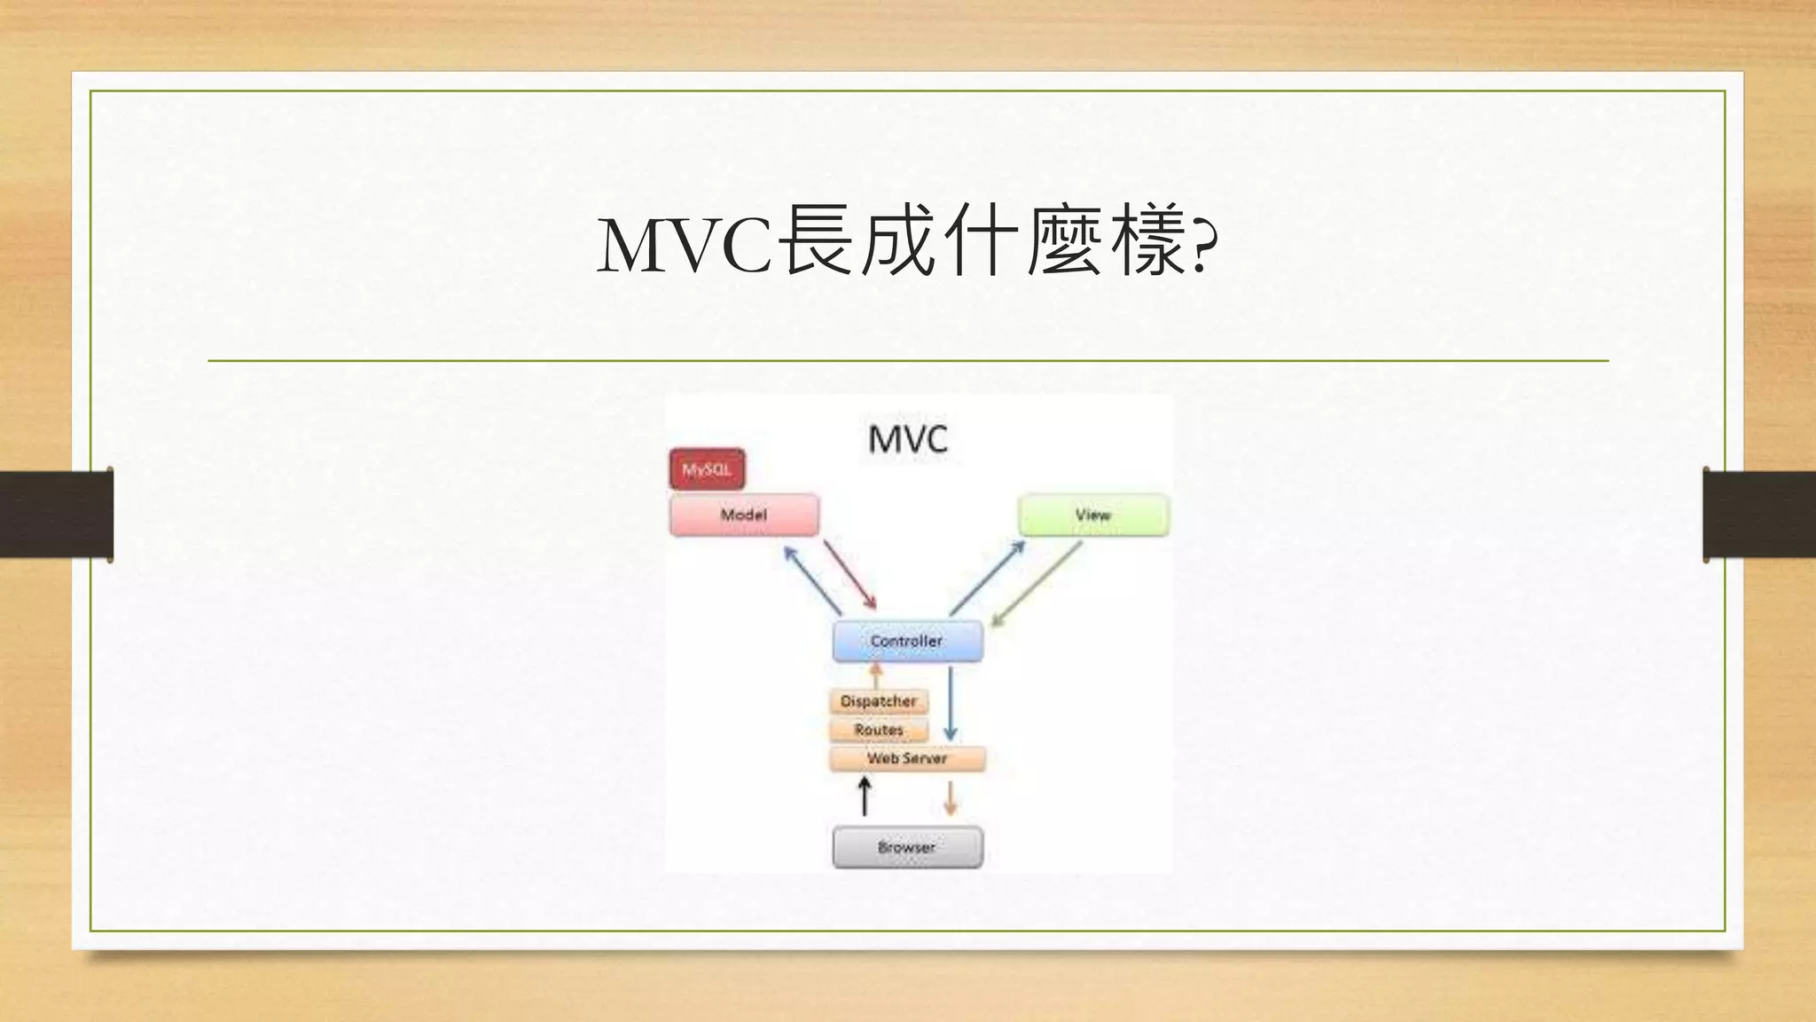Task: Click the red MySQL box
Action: pos(707,469)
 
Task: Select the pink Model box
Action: pos(744,515)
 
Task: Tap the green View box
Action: pos(1093,515)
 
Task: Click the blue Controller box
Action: pos(907,641)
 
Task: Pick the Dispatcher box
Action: pos(879,701)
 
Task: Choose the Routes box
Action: pos(879,729)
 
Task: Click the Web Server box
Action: pos(907,759)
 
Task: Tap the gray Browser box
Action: pos(907,847)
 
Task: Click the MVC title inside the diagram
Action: pos(907,439)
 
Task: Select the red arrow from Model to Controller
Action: pos(849,574)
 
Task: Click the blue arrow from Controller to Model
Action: pos(812,580)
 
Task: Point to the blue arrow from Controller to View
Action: pos(987,578)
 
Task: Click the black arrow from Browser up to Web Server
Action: pos(865,796)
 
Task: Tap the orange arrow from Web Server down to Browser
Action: pos(951,798)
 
